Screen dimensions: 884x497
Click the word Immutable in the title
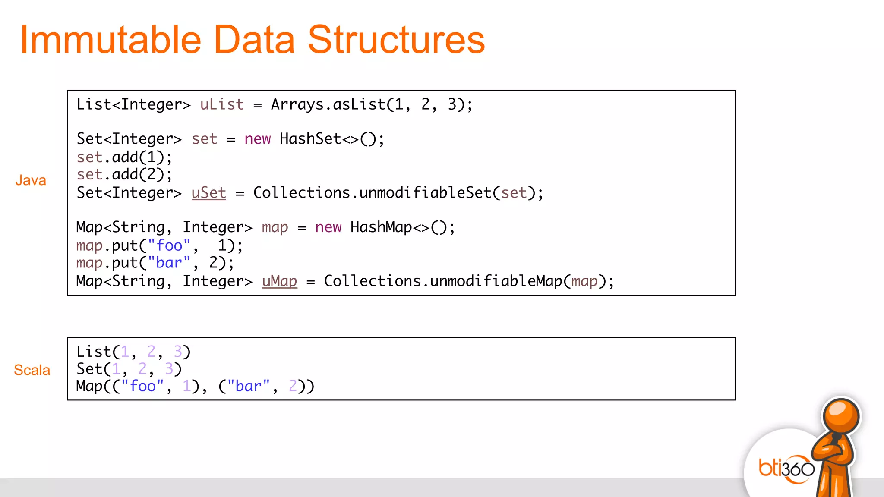(x=110, y=40)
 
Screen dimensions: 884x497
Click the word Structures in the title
(x=396, y=40)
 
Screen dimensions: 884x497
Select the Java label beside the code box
(x=31, y=180)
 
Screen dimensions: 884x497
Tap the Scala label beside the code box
(x=32, y=370)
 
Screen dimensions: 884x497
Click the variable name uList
(x=222, y=105)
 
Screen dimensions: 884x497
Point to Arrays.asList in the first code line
(x=328, y=105)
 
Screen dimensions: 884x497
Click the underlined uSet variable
(x=208, y=193)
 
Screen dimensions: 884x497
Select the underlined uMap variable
(x=279, y=281)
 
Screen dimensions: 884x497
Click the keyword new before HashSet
(x=257, y=139)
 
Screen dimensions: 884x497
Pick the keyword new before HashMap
(x=328, y=227)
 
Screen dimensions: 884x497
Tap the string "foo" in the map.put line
(x=169, y=245)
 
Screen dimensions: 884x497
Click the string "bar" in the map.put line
(x=169, y=263)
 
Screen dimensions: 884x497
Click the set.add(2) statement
(x=124, y=175)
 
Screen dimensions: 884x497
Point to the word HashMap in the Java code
(x=381, y=227)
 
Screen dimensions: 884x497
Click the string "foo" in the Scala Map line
(x=142, y=386)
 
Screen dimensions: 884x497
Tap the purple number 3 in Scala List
(x=177, y=352)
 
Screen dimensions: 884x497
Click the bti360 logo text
(x=786, y=469)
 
